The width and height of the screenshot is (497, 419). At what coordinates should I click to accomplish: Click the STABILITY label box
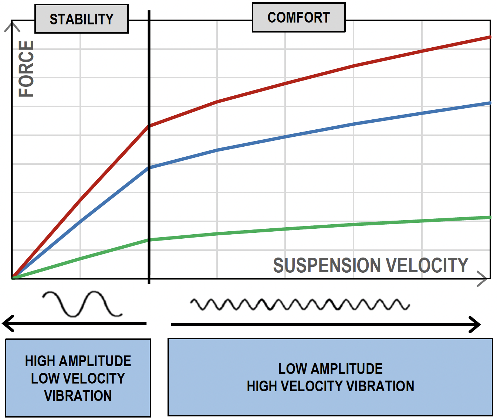(x=81, y=19)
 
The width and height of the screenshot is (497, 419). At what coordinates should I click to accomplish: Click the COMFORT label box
(x=298, y=17)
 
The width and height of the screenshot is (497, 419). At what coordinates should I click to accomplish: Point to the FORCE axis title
(x=26, y=69)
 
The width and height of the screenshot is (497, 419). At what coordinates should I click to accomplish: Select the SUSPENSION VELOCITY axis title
(x=371, y=265)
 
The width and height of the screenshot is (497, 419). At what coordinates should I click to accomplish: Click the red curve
(x=285, y=84)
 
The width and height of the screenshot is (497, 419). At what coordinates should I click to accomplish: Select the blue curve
(x=285, y=137)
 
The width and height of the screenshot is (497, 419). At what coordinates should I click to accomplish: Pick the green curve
(x=285, y=229)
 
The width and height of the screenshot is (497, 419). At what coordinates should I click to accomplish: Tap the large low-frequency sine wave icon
(x=82, y=304)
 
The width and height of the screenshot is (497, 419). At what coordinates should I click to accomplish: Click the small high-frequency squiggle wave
(x=300, y=304)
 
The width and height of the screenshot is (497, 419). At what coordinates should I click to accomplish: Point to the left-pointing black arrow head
(x=8, y=323)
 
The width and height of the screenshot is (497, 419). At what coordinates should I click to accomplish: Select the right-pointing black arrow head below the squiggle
(x=475, y=325)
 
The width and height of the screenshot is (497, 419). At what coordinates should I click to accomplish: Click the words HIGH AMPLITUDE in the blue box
(x=78, y=361)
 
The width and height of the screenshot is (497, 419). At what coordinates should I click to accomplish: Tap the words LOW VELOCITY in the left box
(x=78, y=378)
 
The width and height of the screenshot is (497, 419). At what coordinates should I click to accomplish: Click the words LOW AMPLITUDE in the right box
(x=330, y=369)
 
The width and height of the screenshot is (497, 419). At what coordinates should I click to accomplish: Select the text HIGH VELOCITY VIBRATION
(x=330, y=386)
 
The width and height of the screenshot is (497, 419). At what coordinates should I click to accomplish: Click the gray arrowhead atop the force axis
(x=12, y=27)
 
